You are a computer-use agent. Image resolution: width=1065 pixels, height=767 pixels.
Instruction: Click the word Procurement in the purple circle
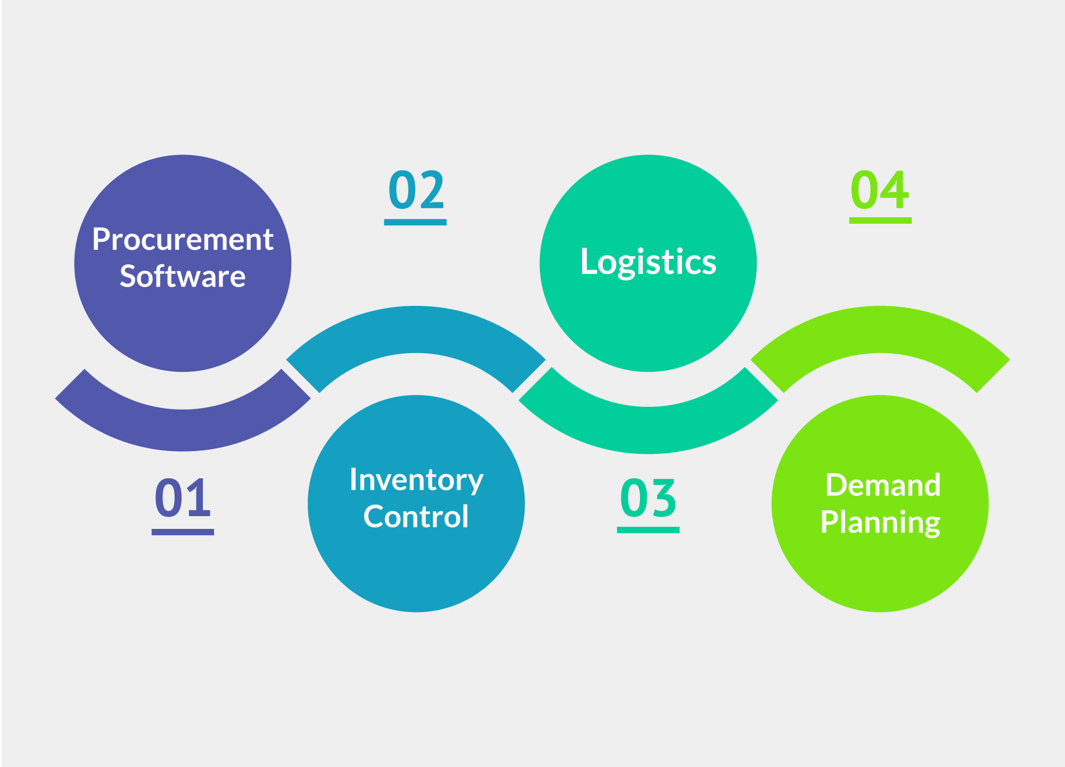pyautogui.click(x=183, y=240)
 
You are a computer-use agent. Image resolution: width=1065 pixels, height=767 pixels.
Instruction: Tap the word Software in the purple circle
pyautogui.click(x=183, y=276)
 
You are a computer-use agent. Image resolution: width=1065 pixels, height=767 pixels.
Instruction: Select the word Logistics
pyautogui.click(x=648, y=262)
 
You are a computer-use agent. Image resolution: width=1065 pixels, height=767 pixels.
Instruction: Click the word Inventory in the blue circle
pyautogui.click(x=416, y=480)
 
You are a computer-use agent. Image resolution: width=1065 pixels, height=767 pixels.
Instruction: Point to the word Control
pyautogui.click(x=416, y=517)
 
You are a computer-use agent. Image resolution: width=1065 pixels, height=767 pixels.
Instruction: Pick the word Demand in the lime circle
pyautogui.click(x=883, y=485)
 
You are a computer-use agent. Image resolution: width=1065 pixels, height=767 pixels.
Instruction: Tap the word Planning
pyautogui.click(x=880, y=522)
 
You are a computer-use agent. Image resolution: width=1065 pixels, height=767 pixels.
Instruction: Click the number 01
pyautogui.click(x=183, y=497)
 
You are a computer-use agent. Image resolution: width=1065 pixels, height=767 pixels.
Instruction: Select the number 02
pyautogui.click(x=416, y=190)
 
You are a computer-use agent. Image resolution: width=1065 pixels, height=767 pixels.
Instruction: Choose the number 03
pyautogui.click(x=648, y=498)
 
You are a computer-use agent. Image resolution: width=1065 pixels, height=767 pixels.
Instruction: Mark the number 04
pyautogui.click(x=880, y=190)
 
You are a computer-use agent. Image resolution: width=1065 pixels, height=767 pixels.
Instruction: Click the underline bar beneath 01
pyautogui.click(x=183, y=532)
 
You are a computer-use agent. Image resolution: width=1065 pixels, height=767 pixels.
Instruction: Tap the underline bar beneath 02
pyautogui.click(x=415, y=222)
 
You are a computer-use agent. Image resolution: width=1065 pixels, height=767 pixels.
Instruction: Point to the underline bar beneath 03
pyautogui.click(x=648, y=530)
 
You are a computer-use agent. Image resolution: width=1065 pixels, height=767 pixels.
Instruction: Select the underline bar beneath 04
pyautogui.click(x=880, y=220)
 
